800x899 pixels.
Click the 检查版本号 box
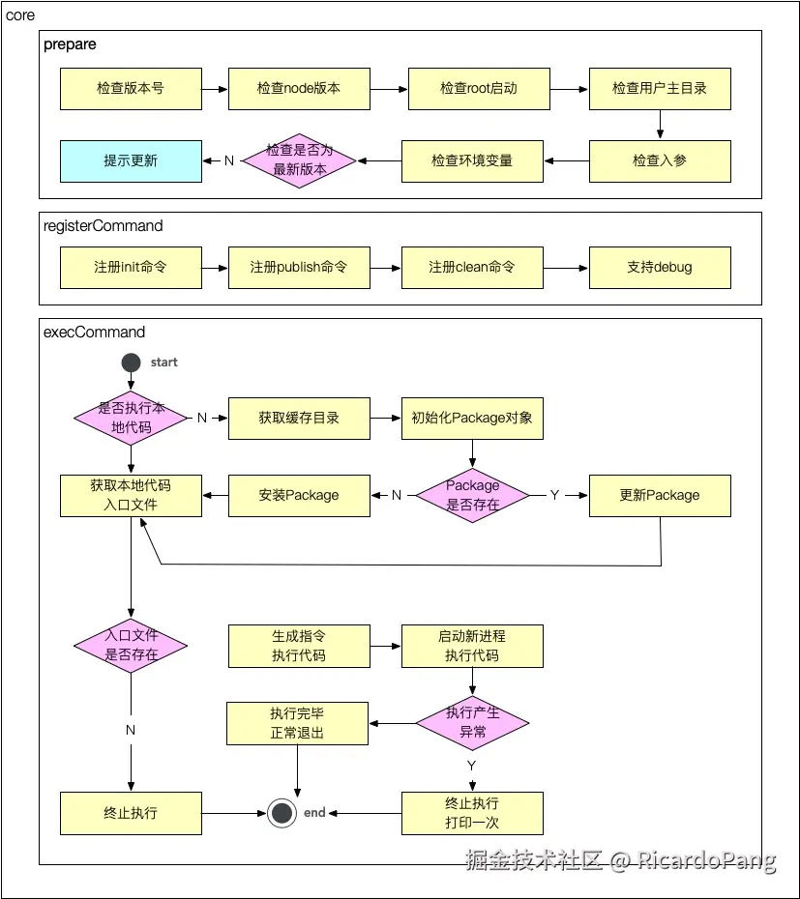[x=131, y=88]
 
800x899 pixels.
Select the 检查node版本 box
[x=299, y=88]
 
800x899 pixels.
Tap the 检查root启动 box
[x=478, y=88]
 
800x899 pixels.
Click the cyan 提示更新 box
[x=131, y=160]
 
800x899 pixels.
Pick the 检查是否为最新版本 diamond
[x=299, y=160]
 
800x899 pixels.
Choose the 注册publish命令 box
[x=299, y=267]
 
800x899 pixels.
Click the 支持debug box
[x=660, y=267]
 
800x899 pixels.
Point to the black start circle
[x=132, y=362]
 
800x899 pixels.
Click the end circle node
[x=281, y=813]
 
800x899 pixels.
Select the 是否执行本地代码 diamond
[x=131, y=418]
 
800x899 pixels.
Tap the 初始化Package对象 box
[x=472, y=418]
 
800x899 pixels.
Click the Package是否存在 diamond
[x=472, y=495]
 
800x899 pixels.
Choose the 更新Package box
[x=660, y=495]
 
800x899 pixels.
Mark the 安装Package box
[x=299, y=495]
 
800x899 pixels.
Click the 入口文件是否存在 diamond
[x=131, y=645]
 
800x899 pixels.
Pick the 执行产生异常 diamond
[x=472, y=722]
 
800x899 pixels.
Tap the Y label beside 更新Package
[x=554, y=495]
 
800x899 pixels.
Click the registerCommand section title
[x=104, y=226]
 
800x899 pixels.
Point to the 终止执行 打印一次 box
[x=472, y=813]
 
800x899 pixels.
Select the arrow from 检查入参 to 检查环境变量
[x=566, y=160]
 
